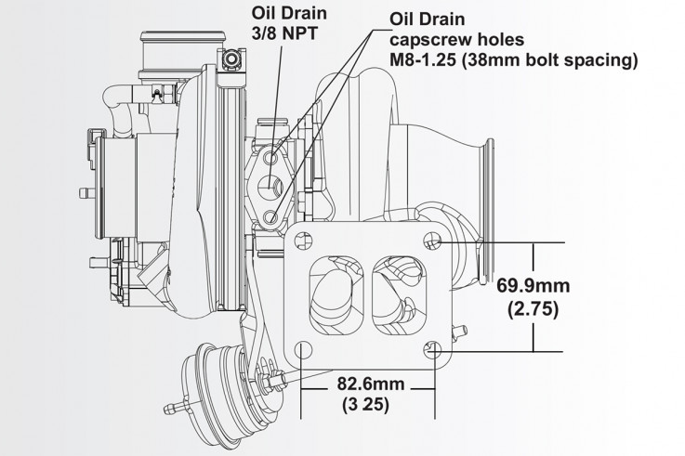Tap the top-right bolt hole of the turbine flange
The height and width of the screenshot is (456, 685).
tap(430, 241)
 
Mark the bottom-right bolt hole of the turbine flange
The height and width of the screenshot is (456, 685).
tap(429, 350)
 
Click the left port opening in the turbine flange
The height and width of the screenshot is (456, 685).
tap(330, 295)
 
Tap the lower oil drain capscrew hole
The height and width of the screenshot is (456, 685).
tap(270, 216)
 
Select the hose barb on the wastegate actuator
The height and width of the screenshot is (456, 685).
tap(171, 407)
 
